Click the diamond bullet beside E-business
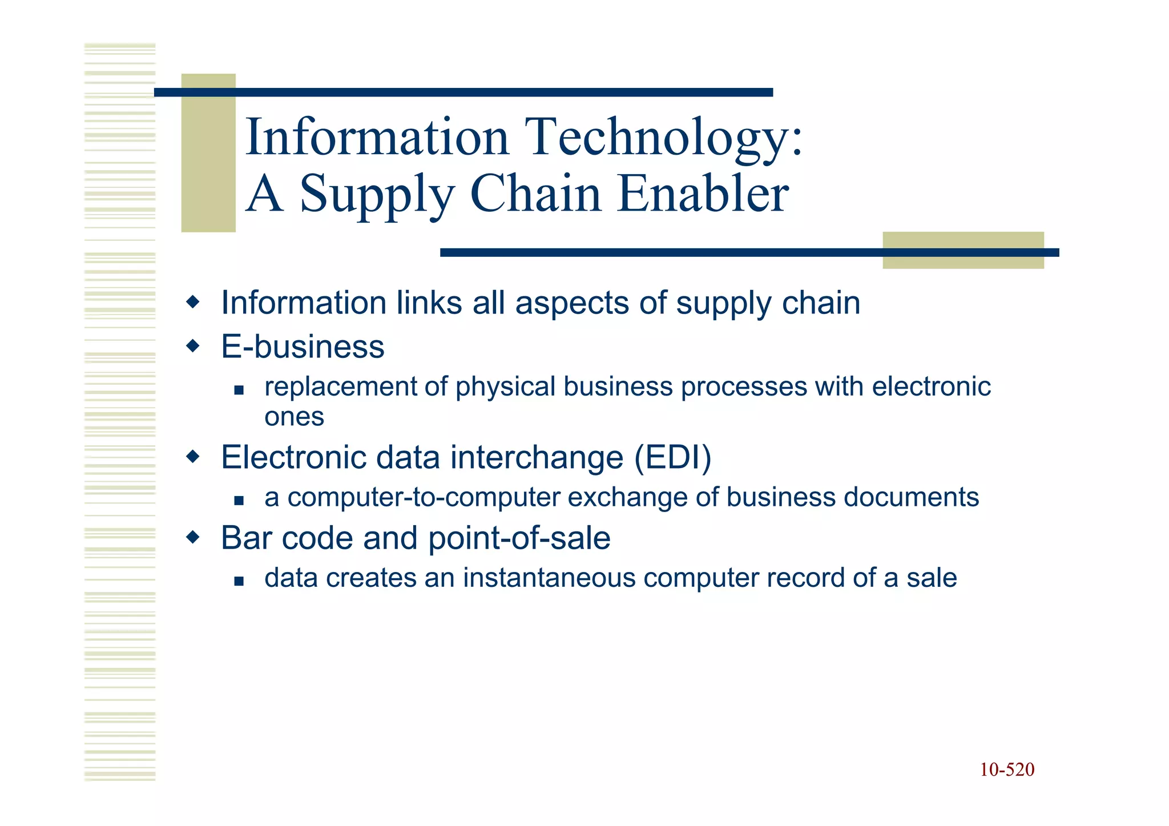click(194, 345)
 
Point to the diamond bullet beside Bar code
click(194, 537)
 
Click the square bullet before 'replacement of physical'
click(239, 390)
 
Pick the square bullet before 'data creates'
click(239, 582)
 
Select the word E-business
click(303, 346)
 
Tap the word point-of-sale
click(519, 538)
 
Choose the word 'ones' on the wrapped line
click(294, 417)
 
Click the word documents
click(911, 497)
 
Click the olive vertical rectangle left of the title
click(208, 153)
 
